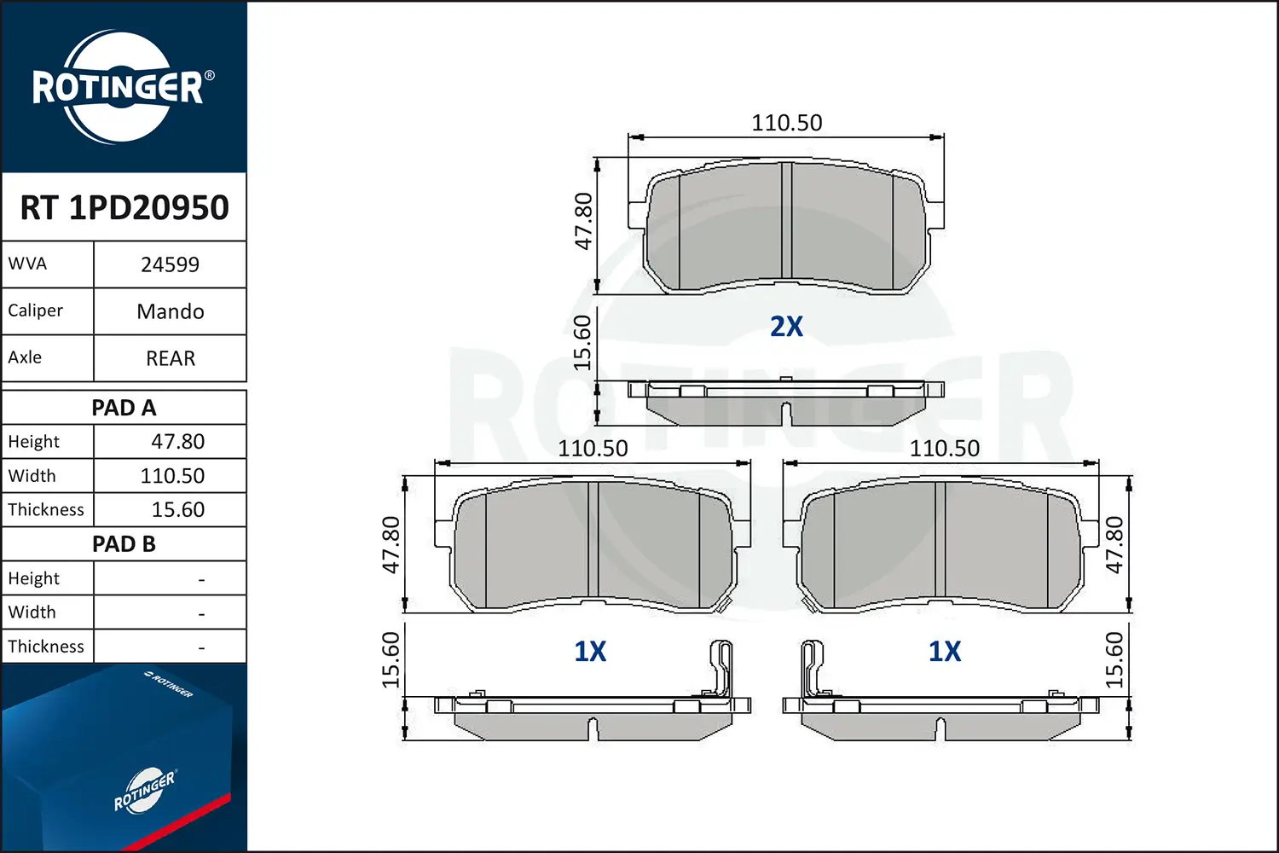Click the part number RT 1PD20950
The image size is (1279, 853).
pos(124,207)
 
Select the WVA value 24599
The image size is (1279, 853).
pos(170,264)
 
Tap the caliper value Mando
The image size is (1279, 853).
pos(170,311)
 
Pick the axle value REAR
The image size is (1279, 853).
pos(170,358)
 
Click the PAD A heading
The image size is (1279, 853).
pos(124,408)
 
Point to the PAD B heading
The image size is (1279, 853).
pos(124,544)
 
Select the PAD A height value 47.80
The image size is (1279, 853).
pos(177,442)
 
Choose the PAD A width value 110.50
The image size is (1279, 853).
pos(172,476)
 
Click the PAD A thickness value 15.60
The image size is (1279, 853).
pos(177,510)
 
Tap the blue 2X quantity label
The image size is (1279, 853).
pos(786,327)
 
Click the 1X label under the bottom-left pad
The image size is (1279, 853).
pos(590,652)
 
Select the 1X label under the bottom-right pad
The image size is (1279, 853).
pos(944,652)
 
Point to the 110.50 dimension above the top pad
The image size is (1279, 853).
pos(786,123)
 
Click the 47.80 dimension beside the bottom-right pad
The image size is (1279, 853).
pos(1114,545)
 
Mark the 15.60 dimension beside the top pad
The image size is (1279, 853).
pos(582,343)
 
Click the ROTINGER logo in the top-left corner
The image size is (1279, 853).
pos(119,87)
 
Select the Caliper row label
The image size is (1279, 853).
pos(36,310)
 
